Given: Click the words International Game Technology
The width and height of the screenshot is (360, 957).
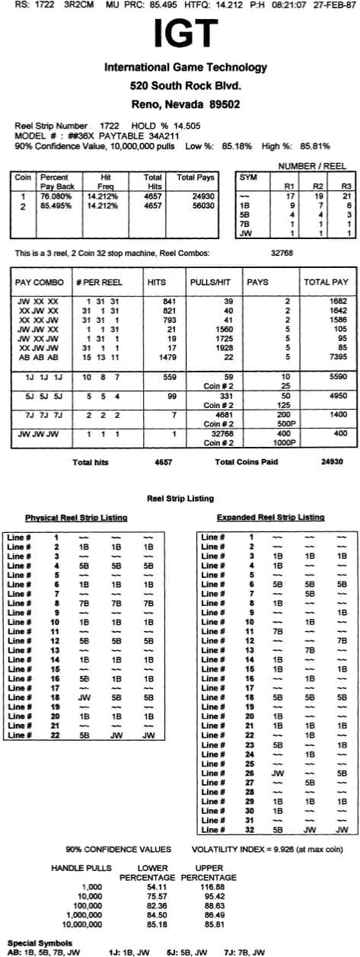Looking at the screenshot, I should coord(186,68).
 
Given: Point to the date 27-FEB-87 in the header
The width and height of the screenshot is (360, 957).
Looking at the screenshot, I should coord(337,5).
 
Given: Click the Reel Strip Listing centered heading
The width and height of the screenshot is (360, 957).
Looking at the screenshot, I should coord(180,498).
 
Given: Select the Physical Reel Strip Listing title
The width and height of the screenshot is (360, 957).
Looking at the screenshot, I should coord(75,518).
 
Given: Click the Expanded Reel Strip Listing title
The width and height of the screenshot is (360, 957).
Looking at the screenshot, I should coord(270,518).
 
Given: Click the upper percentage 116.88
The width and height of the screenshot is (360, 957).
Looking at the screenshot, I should coord(209,886).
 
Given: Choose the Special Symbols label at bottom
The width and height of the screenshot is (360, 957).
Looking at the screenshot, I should coord(37,943).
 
